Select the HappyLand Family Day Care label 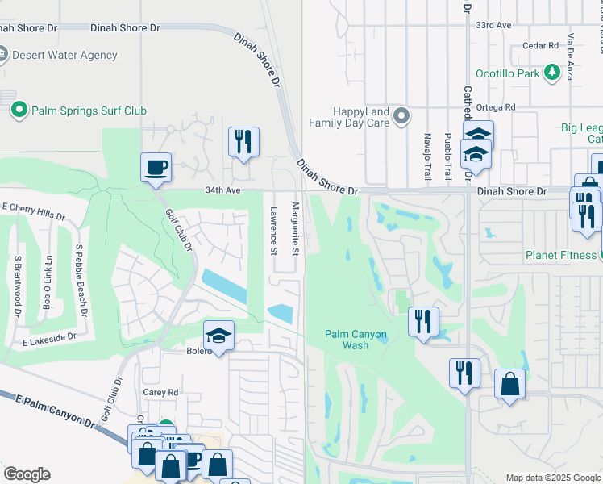(350, 118)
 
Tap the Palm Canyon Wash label (356, 340)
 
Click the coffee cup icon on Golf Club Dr (156, 168)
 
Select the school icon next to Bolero (218, 336)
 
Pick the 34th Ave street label (222, 190)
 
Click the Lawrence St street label (273, 229)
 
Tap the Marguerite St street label (296, 230)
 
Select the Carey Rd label (162, 392)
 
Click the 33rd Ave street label (493, 26)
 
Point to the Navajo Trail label (427, 156)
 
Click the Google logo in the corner (27, 474)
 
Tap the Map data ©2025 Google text (552, 478)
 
